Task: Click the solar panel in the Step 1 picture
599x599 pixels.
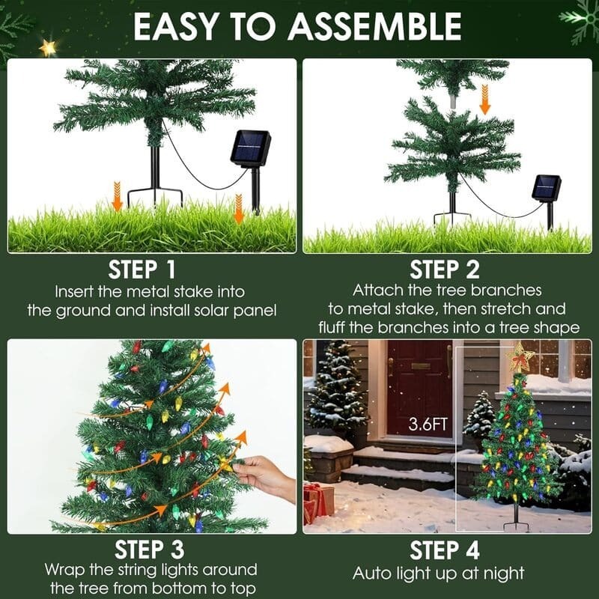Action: [250, 149]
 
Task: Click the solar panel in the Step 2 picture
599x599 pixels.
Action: [547, 187]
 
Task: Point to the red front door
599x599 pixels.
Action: [419, 388]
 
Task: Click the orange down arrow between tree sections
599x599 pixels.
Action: [485, 99]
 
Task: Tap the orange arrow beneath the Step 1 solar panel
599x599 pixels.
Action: [239, 210]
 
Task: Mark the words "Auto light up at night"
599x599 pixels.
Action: [439, 574]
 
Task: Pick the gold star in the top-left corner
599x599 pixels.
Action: [48, 48]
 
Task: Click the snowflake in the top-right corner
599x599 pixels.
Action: [580, 16]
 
